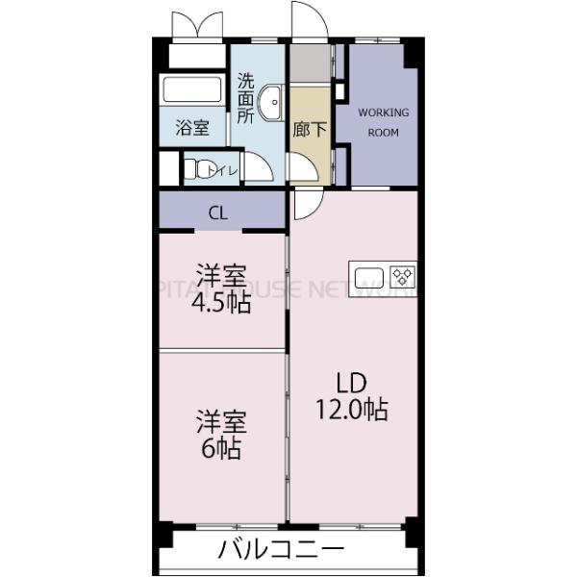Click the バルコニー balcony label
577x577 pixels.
[280, 551]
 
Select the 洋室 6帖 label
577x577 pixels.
[221, 435]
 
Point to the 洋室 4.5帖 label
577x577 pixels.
[221, 288]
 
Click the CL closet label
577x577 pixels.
[218, 213]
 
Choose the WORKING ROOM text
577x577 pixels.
[383, 122]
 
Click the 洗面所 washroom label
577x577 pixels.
[246, 99]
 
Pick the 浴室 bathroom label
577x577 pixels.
[192, 127]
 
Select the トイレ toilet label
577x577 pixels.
[226, 170]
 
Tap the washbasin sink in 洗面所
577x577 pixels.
[272, 99]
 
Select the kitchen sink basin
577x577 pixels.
[370, 279]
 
